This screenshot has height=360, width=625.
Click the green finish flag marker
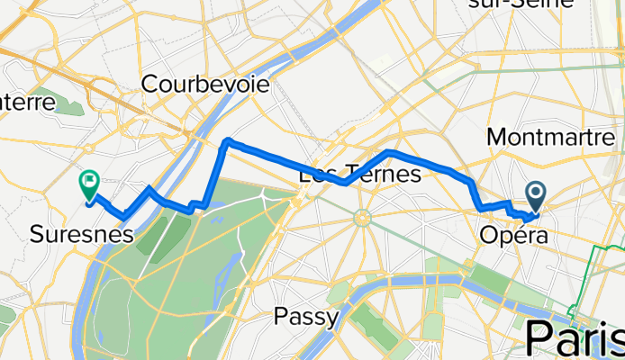click(89, 185)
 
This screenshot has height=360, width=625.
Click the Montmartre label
click(549, 137)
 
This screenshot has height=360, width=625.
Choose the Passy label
click(306, 317)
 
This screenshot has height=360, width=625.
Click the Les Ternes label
click(359, 174)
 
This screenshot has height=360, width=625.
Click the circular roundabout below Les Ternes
click(362, 218)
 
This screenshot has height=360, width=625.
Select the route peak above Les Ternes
click(387, 151)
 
